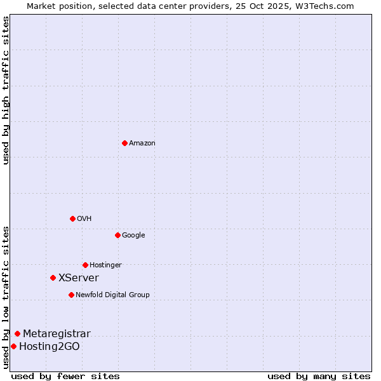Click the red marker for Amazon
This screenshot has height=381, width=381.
pyautogui.click(x=124, y=143)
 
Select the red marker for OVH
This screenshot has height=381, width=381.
pyautogui.click(x=72, y=218)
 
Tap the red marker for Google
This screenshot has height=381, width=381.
pyautogui.click(x=117, y=235)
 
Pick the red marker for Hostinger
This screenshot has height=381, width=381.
pyautogui.click(x=85, y=265)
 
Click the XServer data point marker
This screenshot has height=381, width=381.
pyautogui.click(x=53, y=277)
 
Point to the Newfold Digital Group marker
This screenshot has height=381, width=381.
pyautogui.click(x=71, y=295)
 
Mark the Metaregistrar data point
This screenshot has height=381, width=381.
pyautogui.click(x=17, y=333)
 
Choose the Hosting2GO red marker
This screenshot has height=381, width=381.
pyautogui.click(x=13, y=346)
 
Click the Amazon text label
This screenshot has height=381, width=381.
pyautogui.click(x=142, y=144)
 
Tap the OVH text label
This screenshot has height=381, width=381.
pyautogui.click(x=84, y=219)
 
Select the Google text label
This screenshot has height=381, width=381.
pyautogui.click(x=133, y=236)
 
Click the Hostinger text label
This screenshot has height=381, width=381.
pyautogui.click(x=105, y=265)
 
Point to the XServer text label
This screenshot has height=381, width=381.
pyautogui.click(x=79, y=278)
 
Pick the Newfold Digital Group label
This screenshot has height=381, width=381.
pyautogui.click(x=112, y=295)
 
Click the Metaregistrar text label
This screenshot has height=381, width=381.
pyautogui.click(x=57, y=334)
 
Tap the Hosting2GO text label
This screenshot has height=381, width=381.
pyautogui.click(x=50, y=347)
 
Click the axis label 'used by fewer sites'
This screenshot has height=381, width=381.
pyautogui.click(x=65, y=376)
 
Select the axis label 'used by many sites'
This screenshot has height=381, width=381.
pyautogui.click(x=319, y=376)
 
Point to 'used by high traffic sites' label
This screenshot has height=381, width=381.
pyautogui.click(x=6, y=90)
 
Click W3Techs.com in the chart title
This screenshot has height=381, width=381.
pyautogui.click(x=324, y=6)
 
